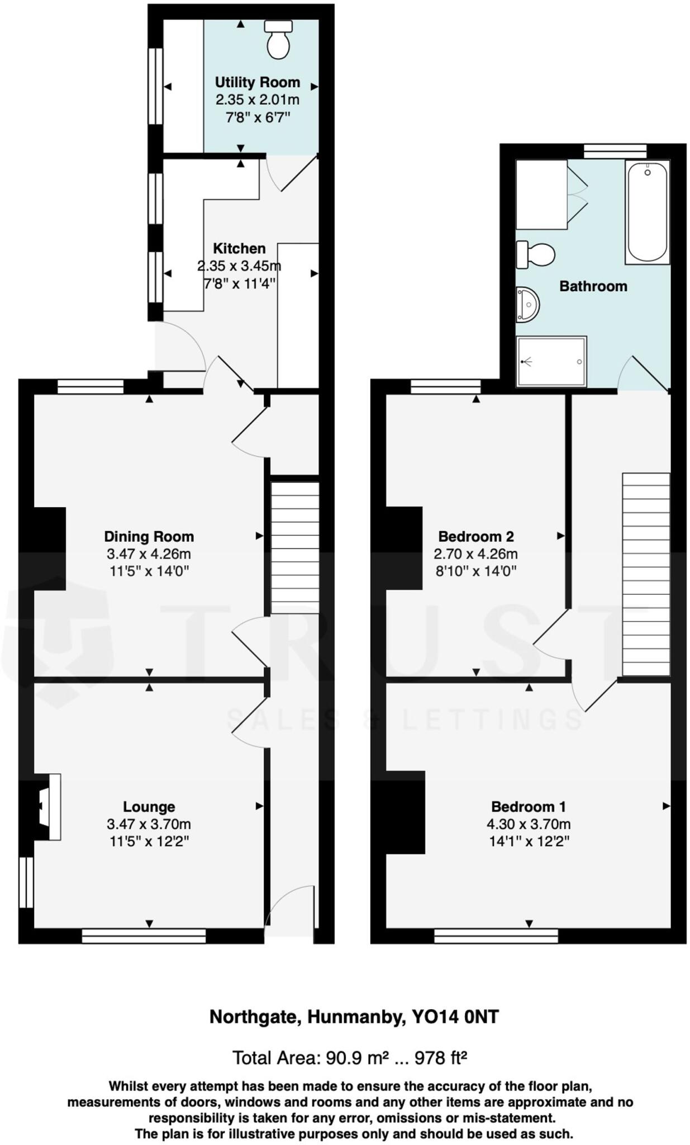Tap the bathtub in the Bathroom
coord(647,212)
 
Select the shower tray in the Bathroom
coord(551,361)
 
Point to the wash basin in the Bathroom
coord(526,305)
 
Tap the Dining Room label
coord(149,537)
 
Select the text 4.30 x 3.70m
coord(528,824)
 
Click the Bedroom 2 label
coord(475,537)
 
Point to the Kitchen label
coord(239,248)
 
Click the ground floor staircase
coord(294,548)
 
